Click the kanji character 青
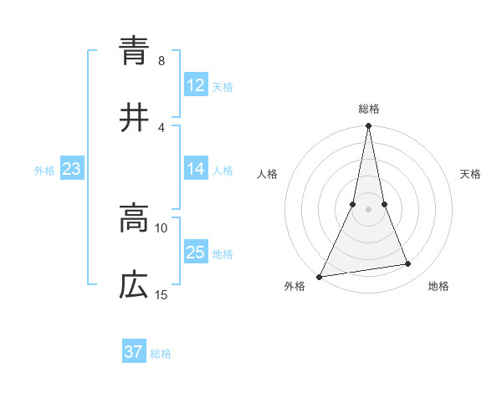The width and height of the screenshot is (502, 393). tap(134, 51)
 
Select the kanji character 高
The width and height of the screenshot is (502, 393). tap(134, 220)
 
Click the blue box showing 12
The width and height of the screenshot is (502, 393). tap(196, 85)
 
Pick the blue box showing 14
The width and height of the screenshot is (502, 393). tap(196, 169)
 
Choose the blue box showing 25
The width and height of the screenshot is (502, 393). tap(196, 253)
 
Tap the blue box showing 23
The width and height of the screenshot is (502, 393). tap(72, 169)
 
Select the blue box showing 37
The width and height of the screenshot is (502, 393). tap(134, 352)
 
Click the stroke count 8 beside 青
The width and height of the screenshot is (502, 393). tap(161, 61)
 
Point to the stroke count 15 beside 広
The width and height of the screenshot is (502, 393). tap(161, 295)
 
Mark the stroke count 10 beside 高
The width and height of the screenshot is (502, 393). tap(161, 228)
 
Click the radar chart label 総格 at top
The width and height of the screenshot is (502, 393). tap(369, 109)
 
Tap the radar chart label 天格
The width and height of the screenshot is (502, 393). tap(470, 174)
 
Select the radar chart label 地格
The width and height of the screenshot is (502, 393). tap(438, 287)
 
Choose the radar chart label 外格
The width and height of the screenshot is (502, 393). tap(295, 287)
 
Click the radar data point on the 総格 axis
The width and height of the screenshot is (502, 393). tap(368, 126)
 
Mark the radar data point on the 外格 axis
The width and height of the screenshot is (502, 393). tap(320, 276)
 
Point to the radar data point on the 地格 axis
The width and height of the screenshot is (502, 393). tap(408, 264)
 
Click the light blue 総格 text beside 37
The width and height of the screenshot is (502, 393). tap(161, 353)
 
